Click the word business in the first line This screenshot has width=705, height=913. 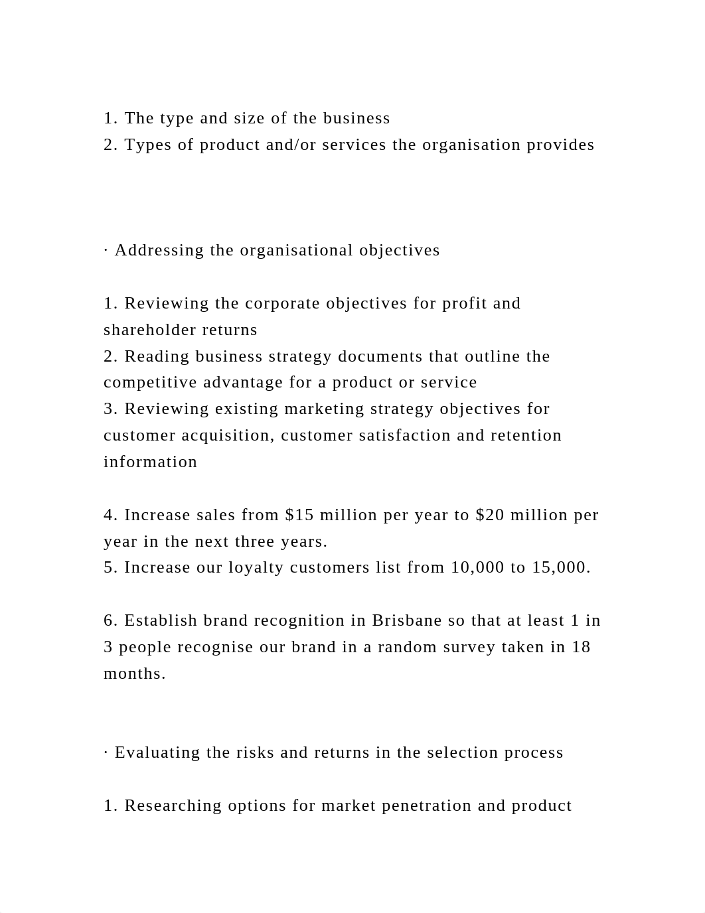(x=356, y=118)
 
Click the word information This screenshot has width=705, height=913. (x=151, y=462)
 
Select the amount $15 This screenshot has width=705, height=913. (x=299, y=515)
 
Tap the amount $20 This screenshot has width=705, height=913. (x=490, y=515)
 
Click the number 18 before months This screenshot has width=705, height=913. (x=581, y=647)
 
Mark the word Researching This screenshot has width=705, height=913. (x=173, y=806)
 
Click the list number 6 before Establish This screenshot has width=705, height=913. (x=109, y=620)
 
